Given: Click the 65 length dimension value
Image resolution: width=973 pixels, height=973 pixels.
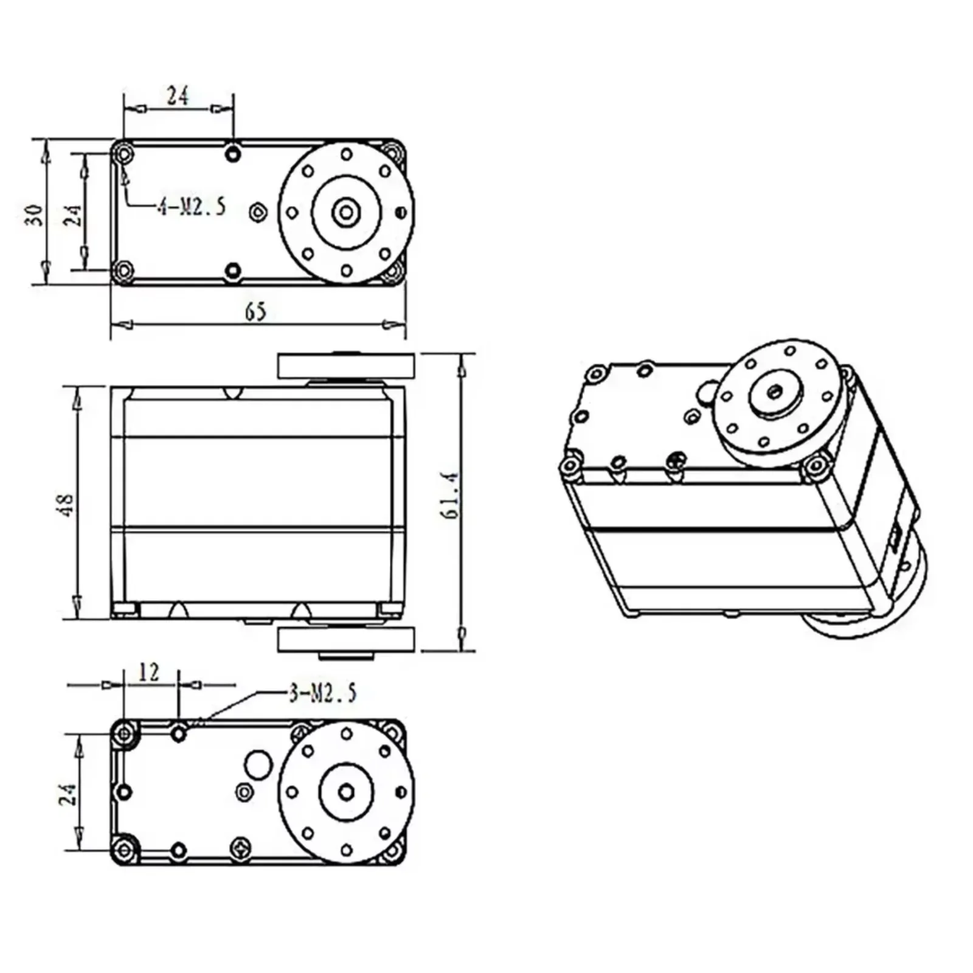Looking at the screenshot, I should pyautogui.click(x=255, y=311).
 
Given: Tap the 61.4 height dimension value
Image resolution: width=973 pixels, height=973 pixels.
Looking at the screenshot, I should pyautogui.click(x=449, y=496).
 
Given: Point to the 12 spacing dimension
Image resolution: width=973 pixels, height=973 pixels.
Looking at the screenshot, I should pyautogui.click(x=148, y=672).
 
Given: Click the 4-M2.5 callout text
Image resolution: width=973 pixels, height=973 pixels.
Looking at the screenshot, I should pyautogui.click(x=191, y=207).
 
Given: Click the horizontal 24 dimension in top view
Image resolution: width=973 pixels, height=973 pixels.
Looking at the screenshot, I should pyautogui.click(x=178, y=95).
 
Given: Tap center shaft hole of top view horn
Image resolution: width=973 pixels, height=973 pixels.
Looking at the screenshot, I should pyautogui.click(x=346, y=212).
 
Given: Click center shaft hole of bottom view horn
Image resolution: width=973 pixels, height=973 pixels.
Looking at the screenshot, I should pyautogui.click(x=346, y=792).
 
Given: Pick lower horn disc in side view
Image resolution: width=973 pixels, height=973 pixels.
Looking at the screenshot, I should pyautogui.click(x=346, y=640).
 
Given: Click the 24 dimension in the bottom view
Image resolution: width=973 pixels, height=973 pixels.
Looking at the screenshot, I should pyautogui.click(x=68, y=794).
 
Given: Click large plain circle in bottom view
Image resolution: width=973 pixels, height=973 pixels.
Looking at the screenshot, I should pyautogui.click(x=258, y=764).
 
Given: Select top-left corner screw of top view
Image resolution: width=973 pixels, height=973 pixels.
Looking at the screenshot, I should pyautogui.click(x=125, y=153).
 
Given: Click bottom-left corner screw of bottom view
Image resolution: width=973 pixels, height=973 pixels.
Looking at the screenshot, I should pyautogui.click(x=125, y=849).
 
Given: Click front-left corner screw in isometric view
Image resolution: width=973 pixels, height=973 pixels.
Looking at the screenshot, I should pyautogui.click(x=570, y=466).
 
